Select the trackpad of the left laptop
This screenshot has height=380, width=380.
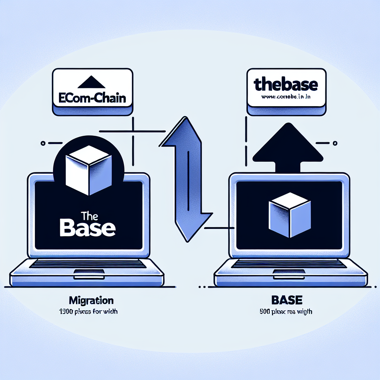tap(89, 275)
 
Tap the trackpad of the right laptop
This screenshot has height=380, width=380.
tap(289, 275)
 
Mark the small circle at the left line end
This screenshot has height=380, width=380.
tap(44, 142)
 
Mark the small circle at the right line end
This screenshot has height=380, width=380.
tap(335, 142)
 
